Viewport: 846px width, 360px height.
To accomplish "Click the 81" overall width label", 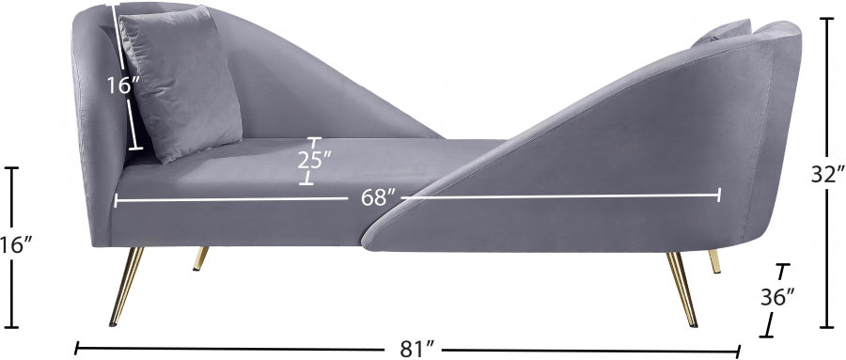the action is coord(417,350).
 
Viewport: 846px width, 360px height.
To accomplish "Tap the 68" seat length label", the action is coord(375,197).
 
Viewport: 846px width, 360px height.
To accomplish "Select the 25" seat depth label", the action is coord(313,160).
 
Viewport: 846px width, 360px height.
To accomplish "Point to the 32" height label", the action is coord(828,174).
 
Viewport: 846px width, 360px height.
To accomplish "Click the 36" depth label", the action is coord(778,297).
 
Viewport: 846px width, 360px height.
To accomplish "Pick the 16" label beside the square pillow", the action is coord(123,86).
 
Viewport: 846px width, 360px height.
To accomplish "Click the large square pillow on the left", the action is coord(180,84).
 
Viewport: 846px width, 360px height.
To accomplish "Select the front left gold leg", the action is coord(126,287).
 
